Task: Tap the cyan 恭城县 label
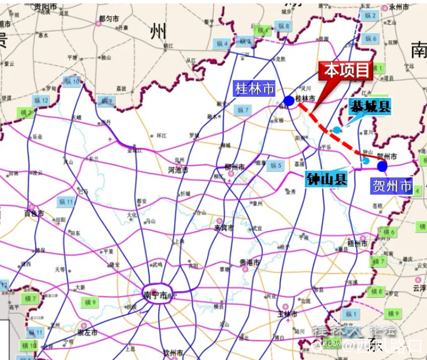(370, 106)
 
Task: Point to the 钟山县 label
(327, 179)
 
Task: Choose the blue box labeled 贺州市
(392, 186)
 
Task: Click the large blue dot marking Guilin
(289, 101)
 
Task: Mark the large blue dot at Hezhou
(382, 166)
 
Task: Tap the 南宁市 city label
(155, 295)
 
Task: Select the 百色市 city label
(34, 214)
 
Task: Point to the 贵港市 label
(249, 263)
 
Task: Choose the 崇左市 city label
(87, 332)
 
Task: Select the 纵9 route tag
(107, 101)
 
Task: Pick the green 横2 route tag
(26, 113)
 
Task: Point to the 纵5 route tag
(276, 166)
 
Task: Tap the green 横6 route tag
(389, 232)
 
